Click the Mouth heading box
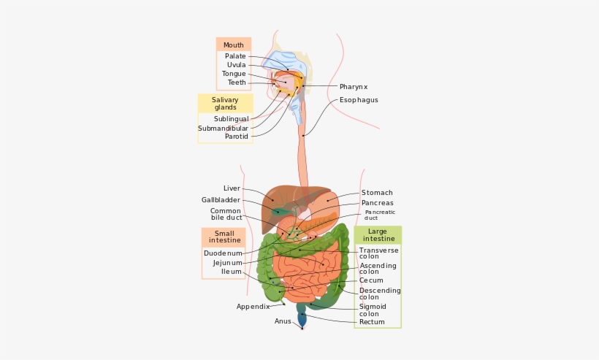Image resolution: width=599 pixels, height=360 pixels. click(x=234, y=45)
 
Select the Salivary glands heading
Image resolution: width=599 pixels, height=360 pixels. click(x=225, y=104)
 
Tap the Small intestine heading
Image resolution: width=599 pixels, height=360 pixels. click(x=224, y=237)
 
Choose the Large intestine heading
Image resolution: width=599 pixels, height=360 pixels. click(x=378, y=235)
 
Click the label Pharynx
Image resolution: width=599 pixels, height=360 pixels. click(x=354, y=87)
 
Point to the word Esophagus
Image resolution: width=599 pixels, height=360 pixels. click(x=359, y=100)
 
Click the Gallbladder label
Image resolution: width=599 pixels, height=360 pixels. click(x=221, y=200)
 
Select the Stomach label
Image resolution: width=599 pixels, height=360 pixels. click(x=377, y=193)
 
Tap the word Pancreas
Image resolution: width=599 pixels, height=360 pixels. click(x=377, y=203)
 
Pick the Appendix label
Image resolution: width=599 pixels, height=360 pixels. click(x=253, y=307)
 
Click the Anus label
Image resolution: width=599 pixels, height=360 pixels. click(x=283, y=321)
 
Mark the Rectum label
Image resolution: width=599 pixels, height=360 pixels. click(x=372, y=322)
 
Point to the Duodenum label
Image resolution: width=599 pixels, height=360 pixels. click(x=223, y=253)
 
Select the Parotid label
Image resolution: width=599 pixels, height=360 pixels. click(x=236, y=137)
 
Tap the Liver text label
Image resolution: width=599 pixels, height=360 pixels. click(x=232, y=188)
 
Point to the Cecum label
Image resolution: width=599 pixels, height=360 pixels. click(x=371, y=280)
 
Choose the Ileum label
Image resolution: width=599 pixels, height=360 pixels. click(x=232, y=272)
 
